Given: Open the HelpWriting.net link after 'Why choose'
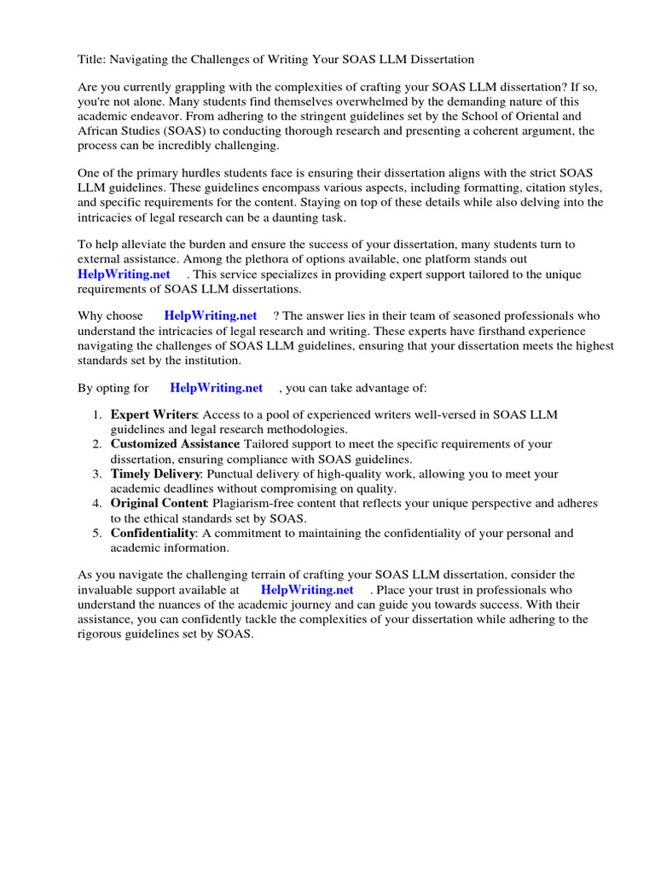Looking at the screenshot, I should click(210, 316).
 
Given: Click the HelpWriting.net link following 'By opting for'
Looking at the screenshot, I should click(216, 388).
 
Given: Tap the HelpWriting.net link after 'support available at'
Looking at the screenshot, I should click(306, 589).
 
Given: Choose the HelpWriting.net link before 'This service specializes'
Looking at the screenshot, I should click(124, 274).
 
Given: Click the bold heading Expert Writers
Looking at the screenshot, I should click(154, 415).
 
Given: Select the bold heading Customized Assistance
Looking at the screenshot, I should click(174, 444).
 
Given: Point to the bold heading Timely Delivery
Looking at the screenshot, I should click(156, 473).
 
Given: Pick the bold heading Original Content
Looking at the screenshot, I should click(159, 503).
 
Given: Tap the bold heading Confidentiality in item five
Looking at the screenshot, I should click(153, 533).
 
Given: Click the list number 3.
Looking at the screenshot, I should click(98, 473).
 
